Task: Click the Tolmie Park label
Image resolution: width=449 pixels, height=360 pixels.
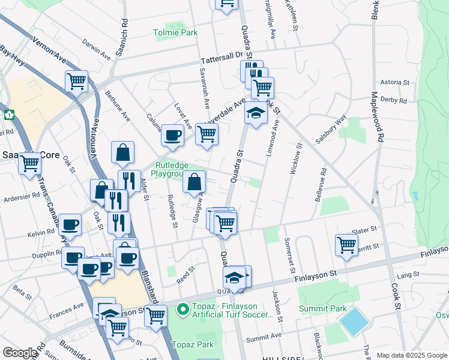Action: click(175, 32)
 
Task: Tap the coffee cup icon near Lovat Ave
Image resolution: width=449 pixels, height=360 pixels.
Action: click(172, 136)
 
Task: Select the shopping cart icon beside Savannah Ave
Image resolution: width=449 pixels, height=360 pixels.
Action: click(206, 135)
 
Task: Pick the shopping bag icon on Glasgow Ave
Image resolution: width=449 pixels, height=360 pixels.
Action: click(194, 181)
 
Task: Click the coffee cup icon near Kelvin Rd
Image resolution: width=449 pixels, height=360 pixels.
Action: click(71, 224)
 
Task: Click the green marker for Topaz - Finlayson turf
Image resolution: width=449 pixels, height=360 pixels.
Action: click(184, 310)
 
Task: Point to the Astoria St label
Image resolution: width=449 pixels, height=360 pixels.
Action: click(394, 83)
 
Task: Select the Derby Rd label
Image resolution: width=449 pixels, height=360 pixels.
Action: click(394, 100)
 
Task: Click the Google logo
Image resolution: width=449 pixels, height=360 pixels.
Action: click(20, 353)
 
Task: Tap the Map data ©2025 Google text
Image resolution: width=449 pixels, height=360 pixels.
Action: click(412, 355)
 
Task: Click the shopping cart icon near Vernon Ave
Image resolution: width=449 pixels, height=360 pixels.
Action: click(77, 80)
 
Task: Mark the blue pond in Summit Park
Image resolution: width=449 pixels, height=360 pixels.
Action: click(354, 322)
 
